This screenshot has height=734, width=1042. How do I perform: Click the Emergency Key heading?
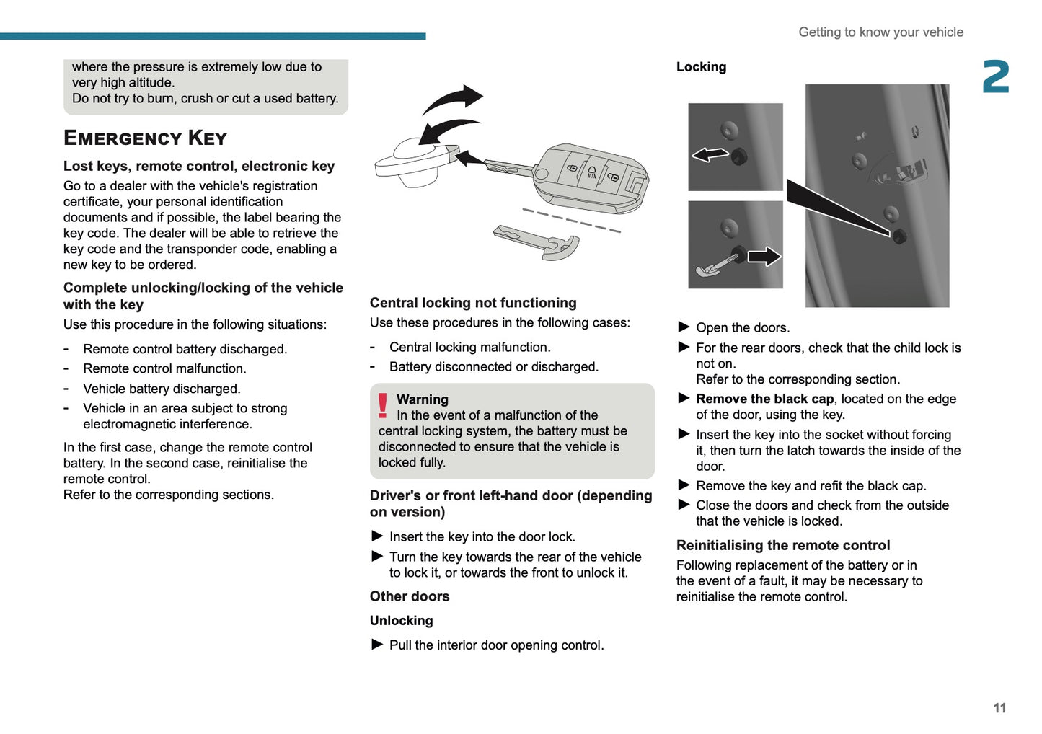[x=145, y=138]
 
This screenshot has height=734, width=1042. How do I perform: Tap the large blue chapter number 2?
[x=996, y=77]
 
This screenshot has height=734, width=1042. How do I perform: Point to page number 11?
[x=999, y=708]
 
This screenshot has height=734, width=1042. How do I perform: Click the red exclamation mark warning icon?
[x=383, y=406]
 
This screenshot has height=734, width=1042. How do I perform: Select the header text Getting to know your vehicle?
[x=880, y=32]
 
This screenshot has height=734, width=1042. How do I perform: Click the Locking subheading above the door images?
[x=701, y=67]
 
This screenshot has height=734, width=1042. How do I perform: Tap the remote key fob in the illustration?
[x=591, y=177]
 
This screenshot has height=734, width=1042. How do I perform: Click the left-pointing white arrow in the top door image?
[x=710, y=154]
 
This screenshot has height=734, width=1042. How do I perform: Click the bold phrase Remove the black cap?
[x=764, y=399]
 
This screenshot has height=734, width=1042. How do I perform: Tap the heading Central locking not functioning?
[x=473, y=303]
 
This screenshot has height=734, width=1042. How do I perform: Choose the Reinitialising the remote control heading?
[x=783, y=545]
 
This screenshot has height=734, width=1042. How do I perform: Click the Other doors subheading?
[x=410, y=596]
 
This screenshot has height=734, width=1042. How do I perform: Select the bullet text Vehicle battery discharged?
[x=162, y=389]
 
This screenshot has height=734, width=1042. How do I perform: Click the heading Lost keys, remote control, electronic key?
[x=199, y=166]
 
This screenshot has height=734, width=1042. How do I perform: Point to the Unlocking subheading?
[x=402, y=621]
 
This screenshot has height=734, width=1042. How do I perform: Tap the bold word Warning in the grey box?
[x=423, y=399]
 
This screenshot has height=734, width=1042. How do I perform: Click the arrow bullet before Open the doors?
[x=684, y=327]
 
